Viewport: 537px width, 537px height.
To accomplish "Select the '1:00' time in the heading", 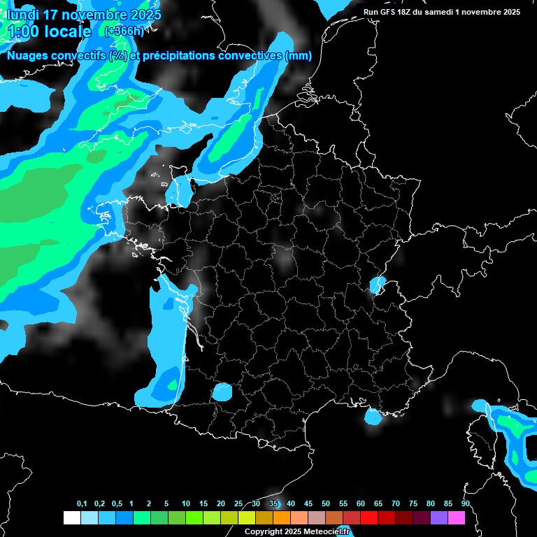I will [x=24, y=31].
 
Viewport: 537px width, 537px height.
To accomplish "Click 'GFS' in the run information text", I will [x=389, y=12].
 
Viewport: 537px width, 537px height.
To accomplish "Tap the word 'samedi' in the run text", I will [x=438, y=12].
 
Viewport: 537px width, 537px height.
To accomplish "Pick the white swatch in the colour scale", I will [x=71, y=517].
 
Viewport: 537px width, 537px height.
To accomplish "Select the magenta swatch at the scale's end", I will [x=456, y=517].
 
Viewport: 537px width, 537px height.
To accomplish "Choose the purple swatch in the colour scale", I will [x=438, y=517].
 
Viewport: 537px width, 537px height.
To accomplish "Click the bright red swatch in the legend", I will [x=368, y=517].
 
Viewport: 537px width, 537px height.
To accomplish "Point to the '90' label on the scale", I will [x=465, y=503].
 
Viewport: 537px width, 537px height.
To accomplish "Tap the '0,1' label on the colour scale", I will [x=82, y=503].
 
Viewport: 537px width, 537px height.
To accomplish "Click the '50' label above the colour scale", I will [x=325, y=503].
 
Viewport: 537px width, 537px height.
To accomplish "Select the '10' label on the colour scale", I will [x=185, y=503].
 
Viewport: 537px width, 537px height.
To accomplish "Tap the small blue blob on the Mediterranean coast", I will [x=373, y=417].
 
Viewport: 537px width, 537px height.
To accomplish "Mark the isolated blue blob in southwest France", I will [x=223, y=392].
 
